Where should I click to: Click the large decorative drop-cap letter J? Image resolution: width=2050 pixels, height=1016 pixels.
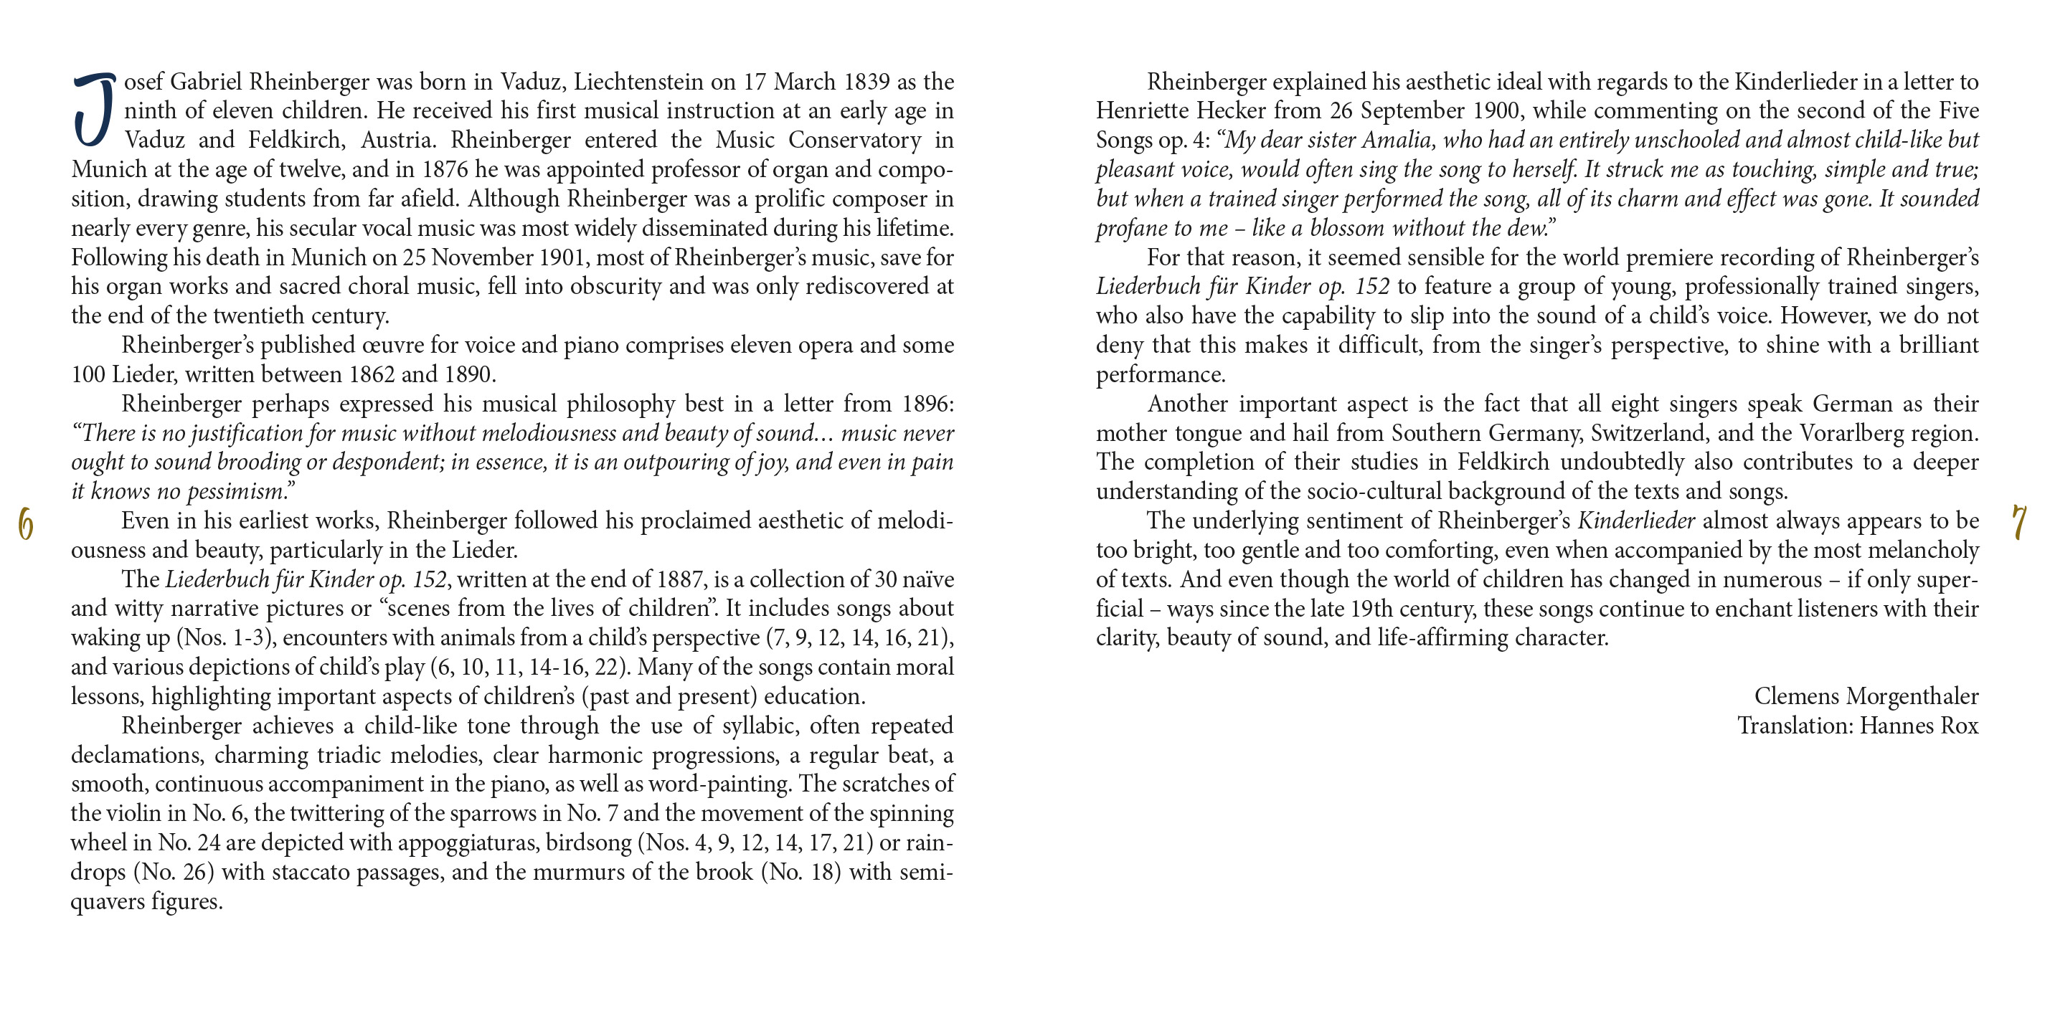(94, 110)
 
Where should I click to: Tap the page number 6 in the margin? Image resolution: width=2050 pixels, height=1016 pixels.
(26, 525)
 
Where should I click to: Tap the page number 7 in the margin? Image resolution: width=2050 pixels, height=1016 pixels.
(2020, 523)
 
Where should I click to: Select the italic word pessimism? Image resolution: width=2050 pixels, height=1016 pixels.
(237, 492)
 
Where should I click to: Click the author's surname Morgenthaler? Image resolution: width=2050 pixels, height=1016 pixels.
(1912, 697)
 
